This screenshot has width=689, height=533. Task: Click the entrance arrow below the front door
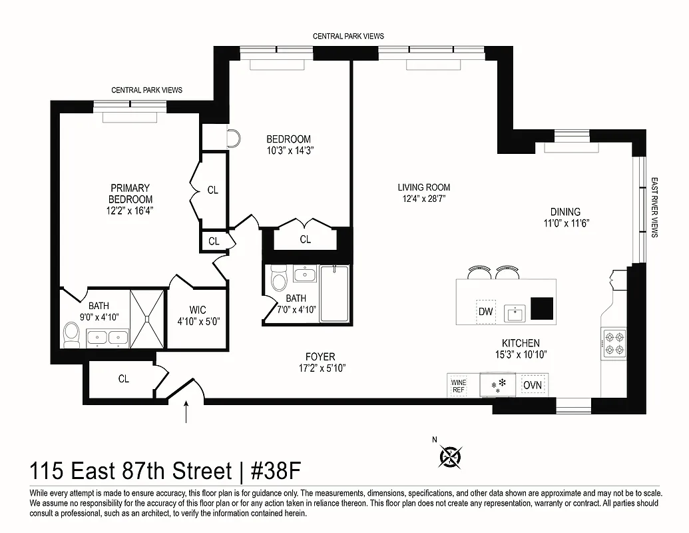click(x=186, y=413)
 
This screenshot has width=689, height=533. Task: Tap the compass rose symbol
click(x=451, y=456)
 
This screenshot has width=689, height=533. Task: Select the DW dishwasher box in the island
click(x=485, y=312)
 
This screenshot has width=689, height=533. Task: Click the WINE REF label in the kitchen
click(x=459, y=386)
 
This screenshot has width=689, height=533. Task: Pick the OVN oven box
click(x=532, y=385)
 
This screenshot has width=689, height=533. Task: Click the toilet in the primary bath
click(x=71, y=335)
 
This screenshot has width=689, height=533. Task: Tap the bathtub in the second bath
click(x=335, y=292)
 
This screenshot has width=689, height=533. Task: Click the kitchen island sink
click(x=515, y=312)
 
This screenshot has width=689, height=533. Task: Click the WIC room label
click(x=198, y=310)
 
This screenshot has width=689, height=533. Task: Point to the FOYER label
click(x=321, y=357)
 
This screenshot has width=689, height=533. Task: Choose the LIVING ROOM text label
click(x=424, y=187)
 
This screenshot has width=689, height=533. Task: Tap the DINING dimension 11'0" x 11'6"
click(x=566, y=223)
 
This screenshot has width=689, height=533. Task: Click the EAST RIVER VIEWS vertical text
click(x=654, y=207)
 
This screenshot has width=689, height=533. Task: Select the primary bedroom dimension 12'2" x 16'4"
click(x=130, y=211)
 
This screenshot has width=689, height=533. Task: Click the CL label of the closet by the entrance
click(x=123, y=379)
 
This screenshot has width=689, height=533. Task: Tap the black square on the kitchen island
click(x=542, y=308)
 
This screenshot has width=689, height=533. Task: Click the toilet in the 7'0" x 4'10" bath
click(x=278, y=280)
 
